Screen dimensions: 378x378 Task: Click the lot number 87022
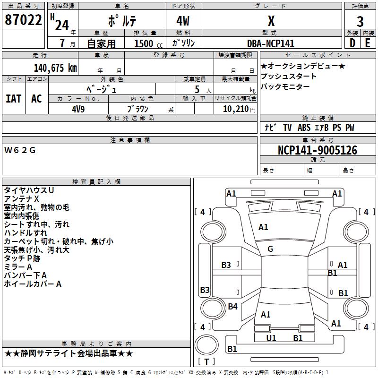pos(23,21)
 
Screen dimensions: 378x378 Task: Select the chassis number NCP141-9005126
pos(317,150)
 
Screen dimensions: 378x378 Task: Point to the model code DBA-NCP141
pos(271,43)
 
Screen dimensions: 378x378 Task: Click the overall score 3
pos(360,21)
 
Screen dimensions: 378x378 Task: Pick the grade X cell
pos(271,21)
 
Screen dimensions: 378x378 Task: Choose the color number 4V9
pos(78,108)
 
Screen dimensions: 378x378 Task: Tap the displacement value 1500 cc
pos(144,43)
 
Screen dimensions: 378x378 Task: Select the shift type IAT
pos(14,98)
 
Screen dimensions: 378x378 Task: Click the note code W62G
pos(20,150)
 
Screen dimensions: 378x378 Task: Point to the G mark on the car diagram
pos(270,249)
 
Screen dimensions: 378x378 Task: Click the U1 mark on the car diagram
pos(271,338)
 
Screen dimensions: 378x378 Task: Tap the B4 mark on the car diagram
pos(232,307)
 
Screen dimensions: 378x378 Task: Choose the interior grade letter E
pos(368,43)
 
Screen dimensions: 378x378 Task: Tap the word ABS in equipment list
pos(304,128)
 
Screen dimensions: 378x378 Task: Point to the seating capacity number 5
pos(197,89)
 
